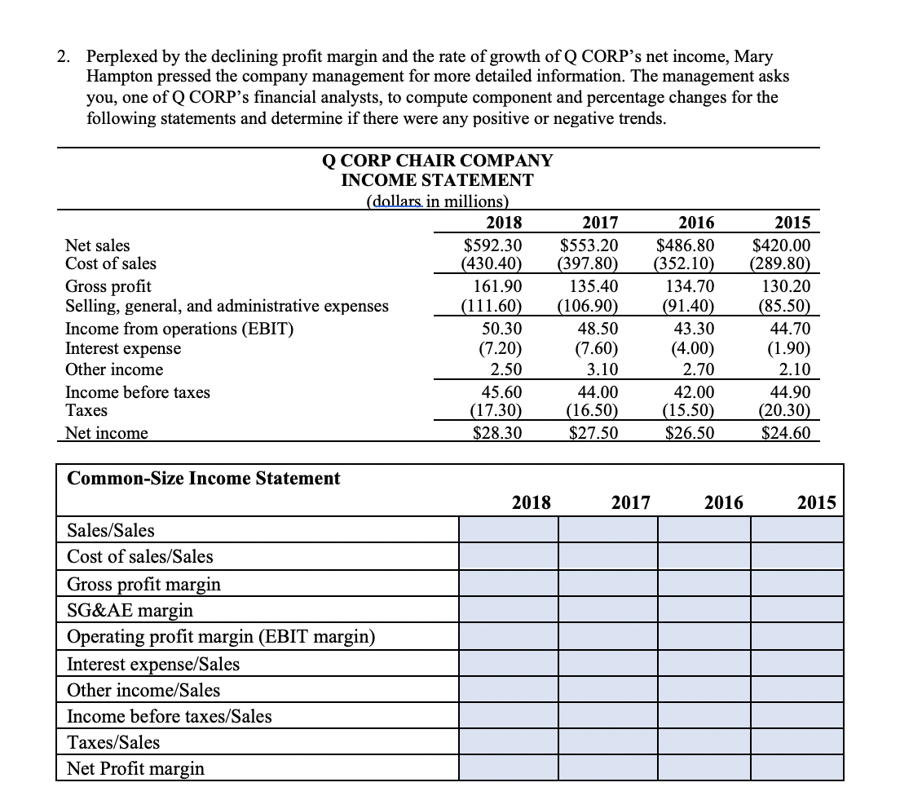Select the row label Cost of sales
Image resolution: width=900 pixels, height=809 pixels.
click(110, 263)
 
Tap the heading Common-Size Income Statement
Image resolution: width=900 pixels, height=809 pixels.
click(203, 479)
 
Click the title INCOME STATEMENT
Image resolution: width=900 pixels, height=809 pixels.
click(437, 180)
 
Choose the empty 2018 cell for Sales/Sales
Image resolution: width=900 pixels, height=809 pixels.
click(508, 531)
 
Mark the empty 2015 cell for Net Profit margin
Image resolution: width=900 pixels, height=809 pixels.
click(796, 768)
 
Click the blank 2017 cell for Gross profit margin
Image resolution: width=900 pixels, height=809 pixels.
click(607, 584)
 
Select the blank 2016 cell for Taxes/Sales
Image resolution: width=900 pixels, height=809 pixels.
click(703, 742)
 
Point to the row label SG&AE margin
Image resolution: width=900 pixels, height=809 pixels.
click(130, 610)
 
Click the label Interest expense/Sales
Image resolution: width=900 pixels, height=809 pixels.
click(153, 664)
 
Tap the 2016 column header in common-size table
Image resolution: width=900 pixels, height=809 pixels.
click(724, 502)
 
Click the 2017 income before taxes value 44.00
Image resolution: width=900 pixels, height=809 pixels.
click(598, 392)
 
